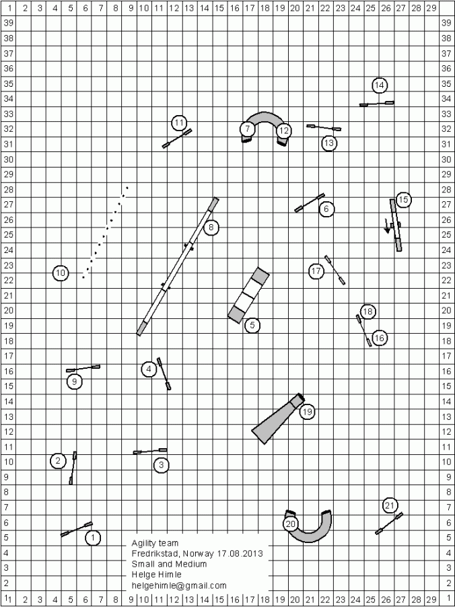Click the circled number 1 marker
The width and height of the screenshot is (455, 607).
[93, 538]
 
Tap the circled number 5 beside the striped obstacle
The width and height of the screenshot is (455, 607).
[252, 326]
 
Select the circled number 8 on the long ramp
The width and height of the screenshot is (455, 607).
[211, 227]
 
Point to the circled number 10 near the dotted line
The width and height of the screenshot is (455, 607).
[61, 273]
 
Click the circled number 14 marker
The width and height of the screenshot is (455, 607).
[380, 85]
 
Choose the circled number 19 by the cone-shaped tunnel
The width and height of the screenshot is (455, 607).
[308, 412]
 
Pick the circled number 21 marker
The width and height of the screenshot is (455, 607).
[390, 505]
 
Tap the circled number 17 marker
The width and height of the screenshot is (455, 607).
[317, 271]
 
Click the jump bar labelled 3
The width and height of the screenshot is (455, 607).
[150, 451]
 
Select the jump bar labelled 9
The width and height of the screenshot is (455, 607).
[83, 369]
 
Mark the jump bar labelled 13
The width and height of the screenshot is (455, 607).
[324, 127]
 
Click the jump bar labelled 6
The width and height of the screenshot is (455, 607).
[310, 203]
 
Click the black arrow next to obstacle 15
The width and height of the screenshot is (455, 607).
[388, 226]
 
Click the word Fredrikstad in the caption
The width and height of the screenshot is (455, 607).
[156, 554]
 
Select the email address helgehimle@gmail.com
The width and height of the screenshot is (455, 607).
[179, 586]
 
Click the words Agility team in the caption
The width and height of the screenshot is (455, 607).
[155, 543]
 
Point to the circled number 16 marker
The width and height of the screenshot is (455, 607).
[380, 338]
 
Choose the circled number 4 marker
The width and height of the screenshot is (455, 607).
[149, 369]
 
